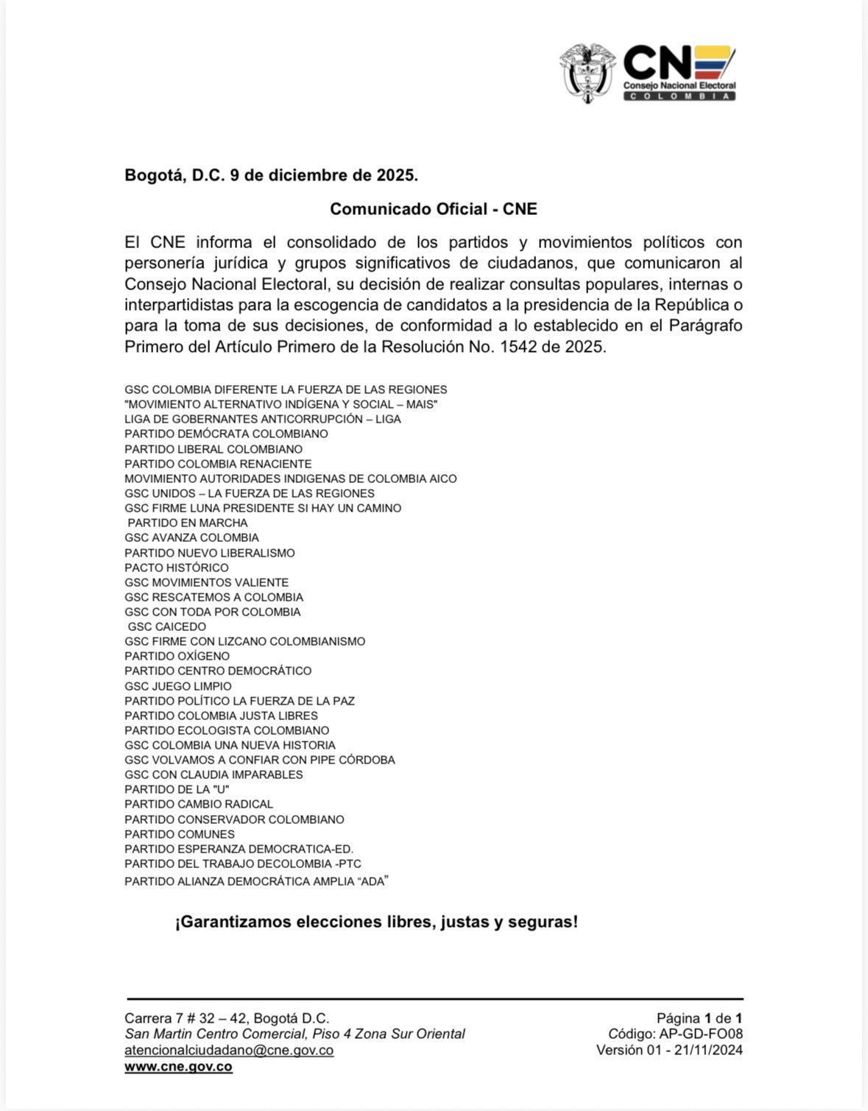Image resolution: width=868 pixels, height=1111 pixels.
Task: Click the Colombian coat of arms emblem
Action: [x=587, y=73]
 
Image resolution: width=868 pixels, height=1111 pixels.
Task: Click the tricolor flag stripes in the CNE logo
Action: [x=715, y=62]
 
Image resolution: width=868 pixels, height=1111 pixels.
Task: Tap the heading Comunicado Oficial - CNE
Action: [x=433, y=209]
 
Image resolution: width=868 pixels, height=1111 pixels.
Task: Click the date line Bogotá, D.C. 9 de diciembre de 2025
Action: [x=271, y=175]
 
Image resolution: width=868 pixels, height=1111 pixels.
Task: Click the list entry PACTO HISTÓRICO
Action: [x=177, y=568]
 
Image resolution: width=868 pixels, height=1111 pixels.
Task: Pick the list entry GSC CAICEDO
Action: [x=167, y=627]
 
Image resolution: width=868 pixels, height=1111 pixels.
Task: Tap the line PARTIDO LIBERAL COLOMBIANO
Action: [x=214, y=449]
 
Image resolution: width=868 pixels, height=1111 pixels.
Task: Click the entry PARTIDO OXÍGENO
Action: [x=177, y=656]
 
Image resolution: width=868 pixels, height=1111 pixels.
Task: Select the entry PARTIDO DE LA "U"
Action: [x=177, y=789]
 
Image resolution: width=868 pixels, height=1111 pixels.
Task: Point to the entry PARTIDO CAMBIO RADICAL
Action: [x=199, y=804]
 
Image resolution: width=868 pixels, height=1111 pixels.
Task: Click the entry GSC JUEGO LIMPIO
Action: [x=178, y=686]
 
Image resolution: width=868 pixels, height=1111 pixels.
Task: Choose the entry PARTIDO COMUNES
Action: [x=180, y=834]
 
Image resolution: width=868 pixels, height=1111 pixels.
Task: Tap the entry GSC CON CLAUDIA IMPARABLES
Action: [x=214, y=775]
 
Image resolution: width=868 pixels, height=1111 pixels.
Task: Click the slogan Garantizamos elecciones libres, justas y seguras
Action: [x=376, y=922]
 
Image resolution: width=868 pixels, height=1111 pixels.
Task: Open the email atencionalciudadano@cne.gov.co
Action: [x=229, y=1051]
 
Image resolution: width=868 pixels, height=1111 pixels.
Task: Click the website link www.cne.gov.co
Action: [x=178, y=1067]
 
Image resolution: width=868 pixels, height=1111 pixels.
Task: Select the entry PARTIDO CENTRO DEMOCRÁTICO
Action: [x=218, y=671]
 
